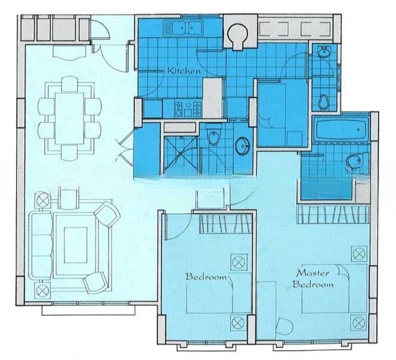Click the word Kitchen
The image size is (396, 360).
point(184,70)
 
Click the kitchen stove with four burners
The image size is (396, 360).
point(187,108)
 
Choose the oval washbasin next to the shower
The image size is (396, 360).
point(243,145)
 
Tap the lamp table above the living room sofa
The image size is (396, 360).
point(43,199)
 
